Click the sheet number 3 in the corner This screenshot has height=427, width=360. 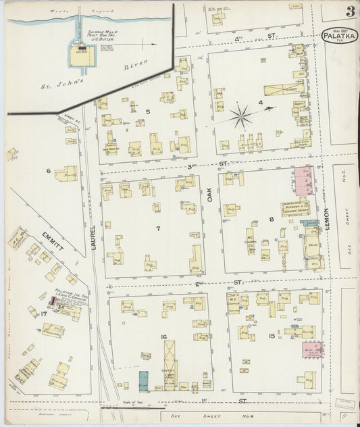350,11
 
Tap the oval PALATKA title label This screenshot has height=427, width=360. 340,35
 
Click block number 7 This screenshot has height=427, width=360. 158,228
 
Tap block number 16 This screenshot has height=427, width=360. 163,336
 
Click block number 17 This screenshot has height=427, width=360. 44,313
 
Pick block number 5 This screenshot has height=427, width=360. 148,111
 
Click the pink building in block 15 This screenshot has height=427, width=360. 312,349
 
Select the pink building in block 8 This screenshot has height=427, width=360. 303,181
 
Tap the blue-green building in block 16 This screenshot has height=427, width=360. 143,380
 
